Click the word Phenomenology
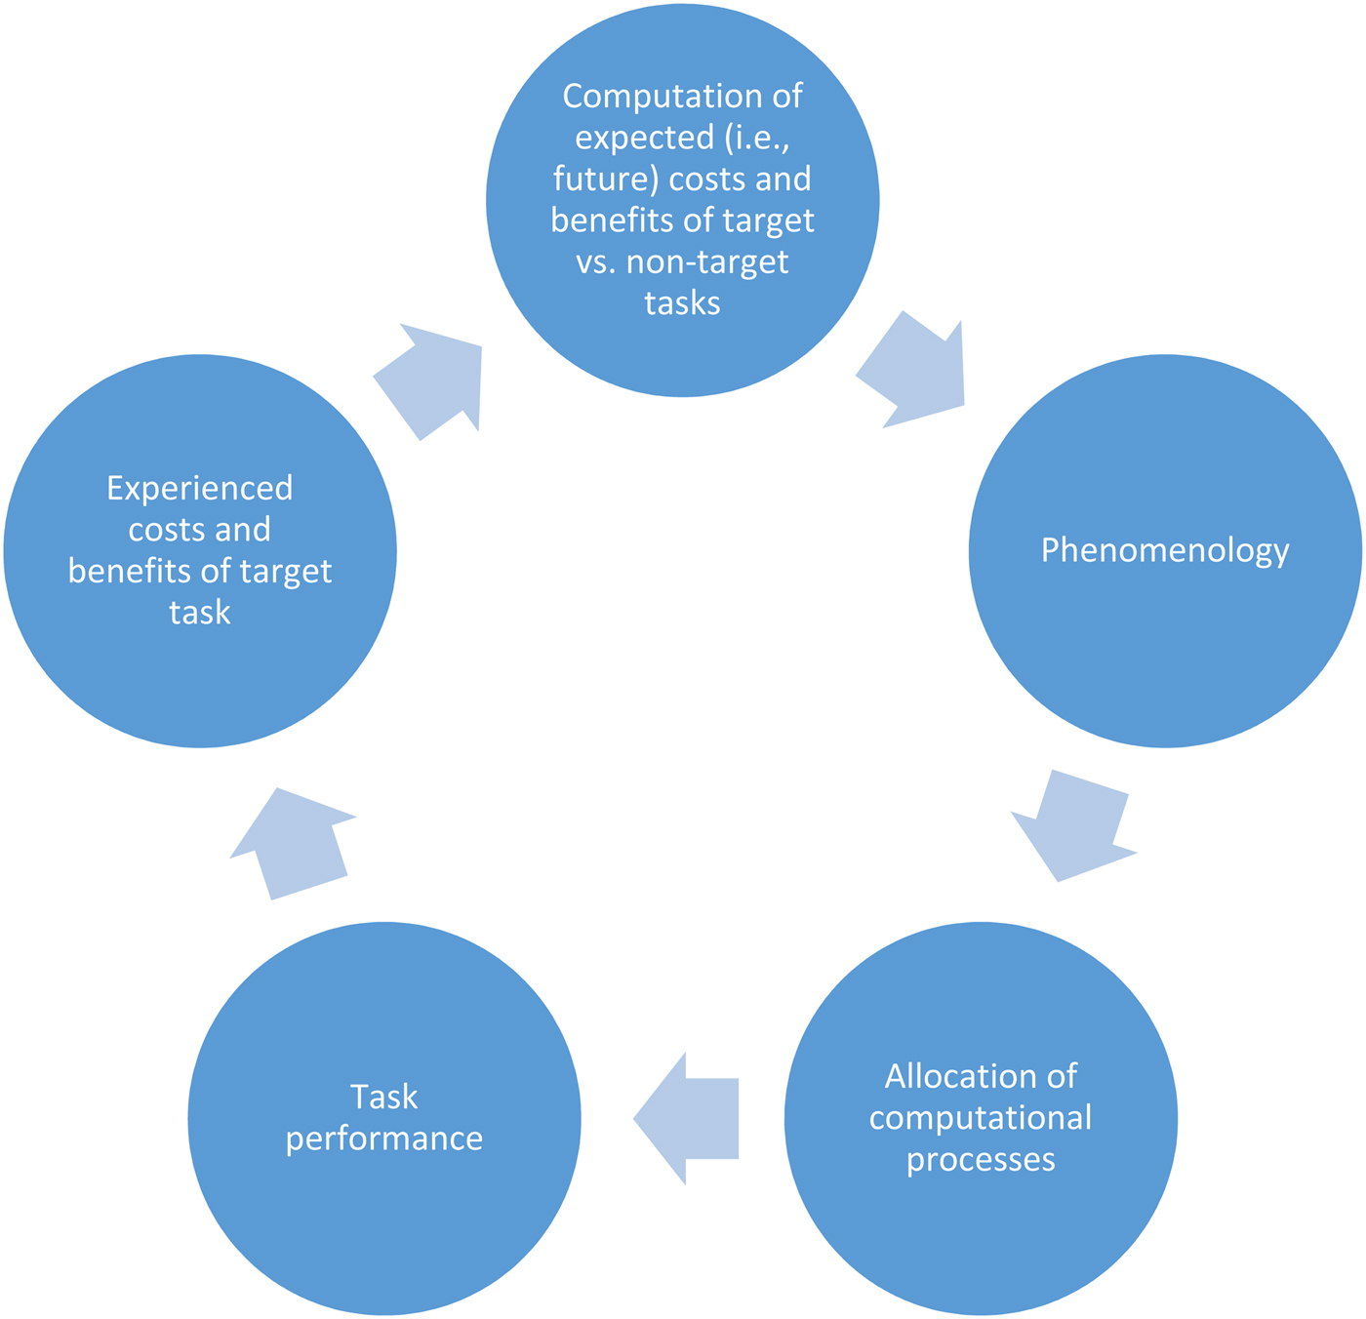[1165, 551]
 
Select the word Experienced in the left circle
[199, 488]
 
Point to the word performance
[384, 1139]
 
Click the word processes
[981, 1160]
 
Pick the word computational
[981, 1118]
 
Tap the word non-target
[707, 262]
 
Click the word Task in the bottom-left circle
[383, 1098]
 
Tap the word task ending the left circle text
[199, 613]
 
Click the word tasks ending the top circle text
[682, 303]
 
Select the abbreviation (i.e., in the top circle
[756, 139]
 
